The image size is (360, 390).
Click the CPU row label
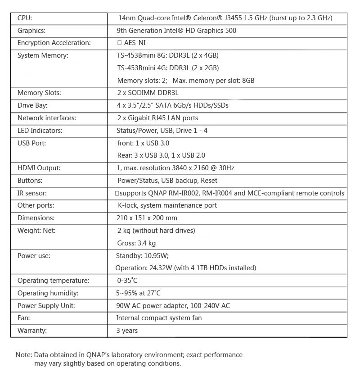25,18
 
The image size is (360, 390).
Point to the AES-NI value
135,43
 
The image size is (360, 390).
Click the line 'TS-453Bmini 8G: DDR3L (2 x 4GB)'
168,55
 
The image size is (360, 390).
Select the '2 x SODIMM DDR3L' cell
148,93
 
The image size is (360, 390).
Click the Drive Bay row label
32,105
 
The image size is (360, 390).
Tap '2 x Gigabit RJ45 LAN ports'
157,118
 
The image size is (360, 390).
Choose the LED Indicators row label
40,131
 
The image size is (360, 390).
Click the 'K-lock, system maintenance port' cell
166,205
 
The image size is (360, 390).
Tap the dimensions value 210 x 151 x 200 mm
147,218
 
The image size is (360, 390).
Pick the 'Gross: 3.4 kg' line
136,243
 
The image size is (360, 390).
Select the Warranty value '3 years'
127,331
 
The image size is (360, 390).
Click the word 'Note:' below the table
23,355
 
